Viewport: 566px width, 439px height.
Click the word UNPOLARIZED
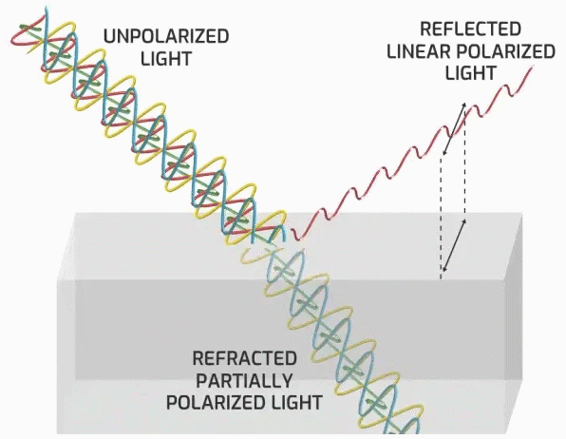[x=166, y=36]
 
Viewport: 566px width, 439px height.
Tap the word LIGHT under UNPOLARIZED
[x=166, y=59]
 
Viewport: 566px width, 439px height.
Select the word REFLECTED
[x=470, y=29]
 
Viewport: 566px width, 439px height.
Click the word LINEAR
[x=419, y=51]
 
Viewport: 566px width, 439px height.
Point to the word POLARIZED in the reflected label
[x=506, y=51]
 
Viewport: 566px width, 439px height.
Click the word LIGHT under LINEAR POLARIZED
[x=470, y=73]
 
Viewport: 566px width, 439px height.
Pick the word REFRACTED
[x=245, y=358]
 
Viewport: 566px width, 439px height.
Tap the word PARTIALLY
[x=245, y=380]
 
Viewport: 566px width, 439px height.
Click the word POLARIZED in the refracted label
[x=216, y=403]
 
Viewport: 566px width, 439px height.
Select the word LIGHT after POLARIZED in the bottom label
[x=296, y=403]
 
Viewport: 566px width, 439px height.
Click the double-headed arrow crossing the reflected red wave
[x=454, y=129]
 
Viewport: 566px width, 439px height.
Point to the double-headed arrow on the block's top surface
[x=454, y=246]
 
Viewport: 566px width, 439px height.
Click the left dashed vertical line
[x=441, y=218]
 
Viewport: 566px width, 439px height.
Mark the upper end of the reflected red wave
[x=533, y=67]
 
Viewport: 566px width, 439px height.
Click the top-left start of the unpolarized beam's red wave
[x=13, y=39]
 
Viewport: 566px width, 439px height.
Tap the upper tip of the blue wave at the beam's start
[x=46, y=8]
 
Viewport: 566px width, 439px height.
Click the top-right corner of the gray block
[x=522, y=214]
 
